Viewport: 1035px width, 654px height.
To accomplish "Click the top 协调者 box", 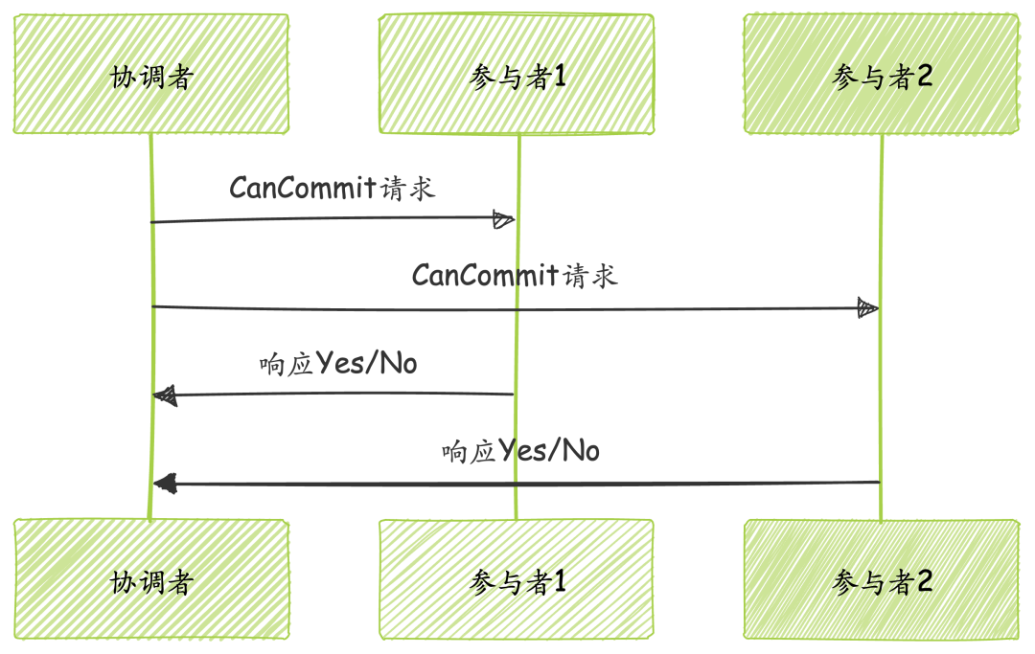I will coord(151,74).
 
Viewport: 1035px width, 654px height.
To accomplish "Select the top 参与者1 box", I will coord(517,75).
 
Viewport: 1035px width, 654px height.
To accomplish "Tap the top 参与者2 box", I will coord(882,75).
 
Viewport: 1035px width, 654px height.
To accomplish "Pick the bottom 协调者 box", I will coord(151,579).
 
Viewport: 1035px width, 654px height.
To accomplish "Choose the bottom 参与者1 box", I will coord(517,579).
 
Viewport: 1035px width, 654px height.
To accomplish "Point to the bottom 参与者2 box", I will coord(882,579).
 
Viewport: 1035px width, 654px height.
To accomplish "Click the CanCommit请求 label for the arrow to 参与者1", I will coord(332,188).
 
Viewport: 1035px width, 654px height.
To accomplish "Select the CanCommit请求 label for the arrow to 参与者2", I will coord(515,276).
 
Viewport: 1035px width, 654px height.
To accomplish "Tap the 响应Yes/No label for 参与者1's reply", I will coord(337,364).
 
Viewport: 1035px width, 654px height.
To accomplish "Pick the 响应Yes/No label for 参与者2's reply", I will coord(520,451).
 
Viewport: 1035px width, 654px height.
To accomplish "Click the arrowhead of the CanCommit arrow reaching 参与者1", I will coord(503,219).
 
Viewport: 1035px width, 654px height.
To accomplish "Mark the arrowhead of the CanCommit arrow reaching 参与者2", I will coord(867,308).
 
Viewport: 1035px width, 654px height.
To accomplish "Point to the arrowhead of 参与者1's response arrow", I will coord(165,395).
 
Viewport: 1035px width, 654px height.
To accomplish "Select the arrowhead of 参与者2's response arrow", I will coord(165,484).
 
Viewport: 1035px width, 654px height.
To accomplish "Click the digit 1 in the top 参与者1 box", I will coord(560,77).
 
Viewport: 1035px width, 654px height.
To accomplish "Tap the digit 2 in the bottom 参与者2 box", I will coord(924,581).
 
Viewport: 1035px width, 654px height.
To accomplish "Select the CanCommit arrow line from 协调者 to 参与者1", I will coord(326,219).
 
